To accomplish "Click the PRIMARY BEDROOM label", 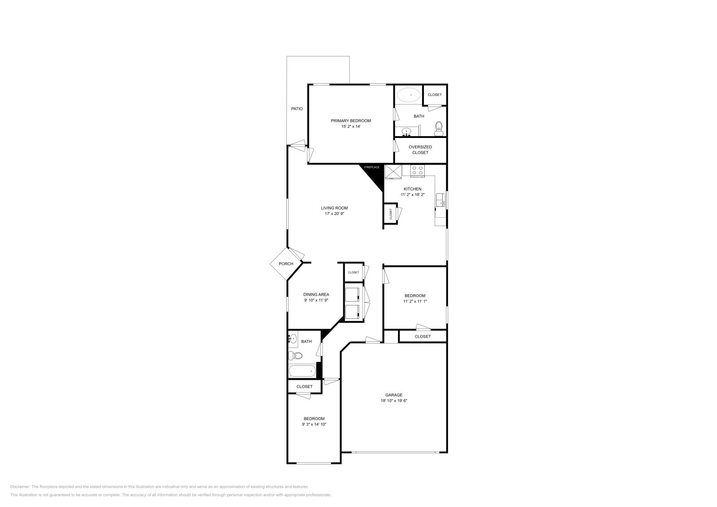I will pos(350,120).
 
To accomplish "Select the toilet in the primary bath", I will pos(439,129).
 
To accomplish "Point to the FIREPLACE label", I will pos(371,167).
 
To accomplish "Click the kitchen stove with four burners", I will pos(418,170).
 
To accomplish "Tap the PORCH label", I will pos(286,264).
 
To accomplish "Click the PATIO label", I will pos(297,109).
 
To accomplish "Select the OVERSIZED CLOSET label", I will pos(420,150).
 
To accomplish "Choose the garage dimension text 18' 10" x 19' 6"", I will pos(393,401).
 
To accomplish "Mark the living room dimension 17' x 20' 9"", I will pos(334,214).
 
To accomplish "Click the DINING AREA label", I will pos(316,294).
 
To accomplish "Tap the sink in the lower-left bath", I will pos(293,339).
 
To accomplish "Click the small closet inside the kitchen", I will pos(390,214).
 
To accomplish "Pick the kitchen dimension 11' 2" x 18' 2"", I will pos(412,195).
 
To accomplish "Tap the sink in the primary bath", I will pos(406,132).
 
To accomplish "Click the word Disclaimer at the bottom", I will pos(20,486).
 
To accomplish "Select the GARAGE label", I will pos(393,395).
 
